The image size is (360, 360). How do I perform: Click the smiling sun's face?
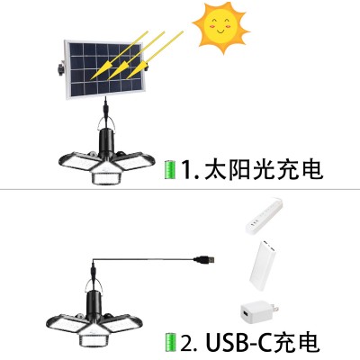point(220,28)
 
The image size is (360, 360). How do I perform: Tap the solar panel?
point(104,69)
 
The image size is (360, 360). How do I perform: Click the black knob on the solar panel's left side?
point(60,68)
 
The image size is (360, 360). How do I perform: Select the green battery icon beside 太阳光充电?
point(170,170)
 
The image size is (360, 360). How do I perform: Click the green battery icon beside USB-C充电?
point(170,342)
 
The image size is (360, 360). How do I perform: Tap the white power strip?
point(264,216)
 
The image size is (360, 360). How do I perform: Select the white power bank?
point(263,265)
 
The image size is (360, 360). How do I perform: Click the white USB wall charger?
point(259,312)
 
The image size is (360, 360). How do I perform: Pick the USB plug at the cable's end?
point(204,259)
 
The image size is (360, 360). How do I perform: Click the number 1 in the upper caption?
point(187,170)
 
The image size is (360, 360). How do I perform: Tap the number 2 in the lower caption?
point(186,342)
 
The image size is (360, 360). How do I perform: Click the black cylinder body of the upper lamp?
point(106,144)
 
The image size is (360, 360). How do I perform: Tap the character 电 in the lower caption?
point(309,342)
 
